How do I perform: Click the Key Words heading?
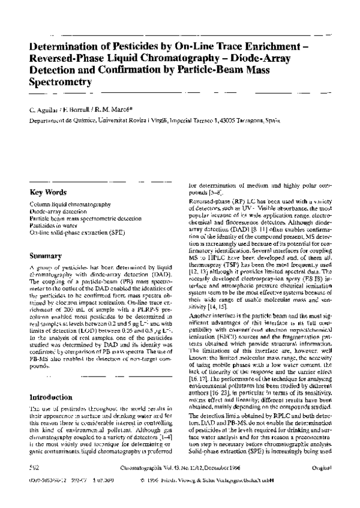pos(49,193)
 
